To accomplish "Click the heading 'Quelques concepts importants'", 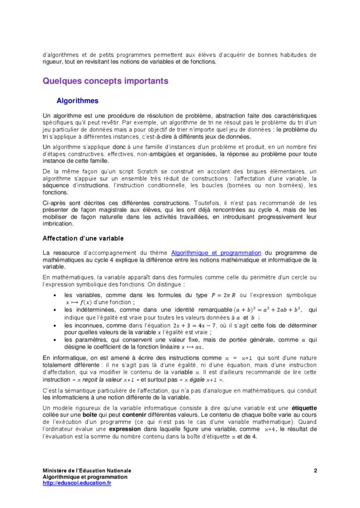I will tap(105, 81).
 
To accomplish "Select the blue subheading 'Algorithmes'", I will tap(77, 101).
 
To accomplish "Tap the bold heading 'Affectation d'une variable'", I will tap(83, 239).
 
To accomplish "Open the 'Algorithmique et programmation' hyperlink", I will tap(216, 253).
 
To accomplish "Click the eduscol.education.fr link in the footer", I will tap(77, 483).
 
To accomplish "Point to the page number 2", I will tap(315, 471).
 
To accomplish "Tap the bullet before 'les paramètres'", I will tap(54, 340).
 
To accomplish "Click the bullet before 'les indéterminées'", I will tap(54, 310).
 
